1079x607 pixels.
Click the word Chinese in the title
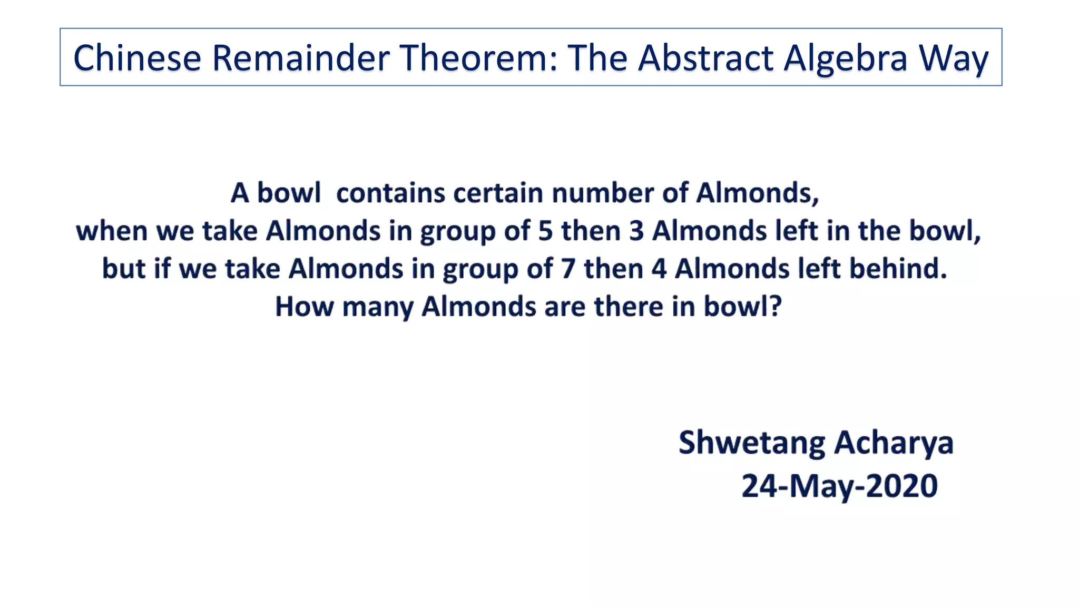137,57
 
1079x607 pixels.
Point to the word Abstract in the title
705,57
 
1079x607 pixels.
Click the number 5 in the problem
545,231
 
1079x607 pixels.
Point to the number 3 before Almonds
636,231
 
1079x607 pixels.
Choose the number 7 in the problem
568,269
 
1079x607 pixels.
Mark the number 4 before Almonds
659,269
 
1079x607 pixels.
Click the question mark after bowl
775,307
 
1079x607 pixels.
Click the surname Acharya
894,443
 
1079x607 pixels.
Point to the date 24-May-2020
840,486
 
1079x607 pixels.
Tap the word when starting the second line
111,231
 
